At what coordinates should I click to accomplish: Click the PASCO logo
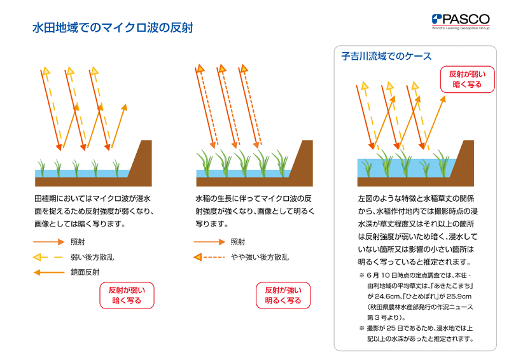click(x=461, y=22)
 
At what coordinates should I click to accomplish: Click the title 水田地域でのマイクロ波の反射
click(x=113, y=27)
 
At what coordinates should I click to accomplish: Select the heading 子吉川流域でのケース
click(x=386, y=56)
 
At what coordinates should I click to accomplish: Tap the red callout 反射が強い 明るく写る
click(x=283, y=295)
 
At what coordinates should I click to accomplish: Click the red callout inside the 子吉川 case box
click(x=467, y=80)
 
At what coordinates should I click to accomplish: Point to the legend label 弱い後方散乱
click(x=92, y=258)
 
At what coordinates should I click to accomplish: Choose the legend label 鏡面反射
click(x=85, y=272)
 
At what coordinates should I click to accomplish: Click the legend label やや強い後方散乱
click(x=260, y=258)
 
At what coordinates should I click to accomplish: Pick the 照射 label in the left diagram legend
click(x=78, y=242)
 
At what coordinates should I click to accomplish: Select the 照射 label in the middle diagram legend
click(x=238, y=242)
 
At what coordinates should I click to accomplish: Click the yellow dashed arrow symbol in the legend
click(x=48, y=258)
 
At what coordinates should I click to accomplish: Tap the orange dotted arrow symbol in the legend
click(x=209, y=258)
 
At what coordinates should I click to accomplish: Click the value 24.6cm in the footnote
click(x=388, y=296)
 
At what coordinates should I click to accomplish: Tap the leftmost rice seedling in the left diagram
click(x=41, y=168)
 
